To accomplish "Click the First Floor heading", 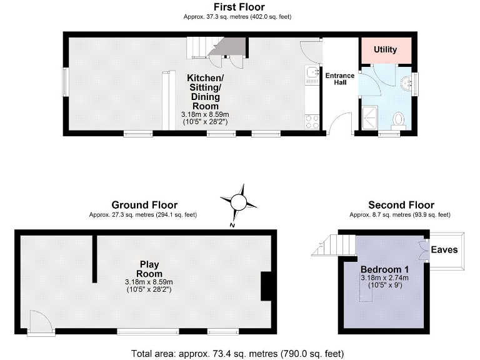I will (239, 7).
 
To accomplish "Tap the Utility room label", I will (385, 49).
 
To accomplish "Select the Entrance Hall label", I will (339, 79).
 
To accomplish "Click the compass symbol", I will (239, 202).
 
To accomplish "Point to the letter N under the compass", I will (232, 225).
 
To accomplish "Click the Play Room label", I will (149, 268).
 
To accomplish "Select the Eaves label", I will (444, 249).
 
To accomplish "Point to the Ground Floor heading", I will (144, 205).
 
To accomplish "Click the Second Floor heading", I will (401, 205).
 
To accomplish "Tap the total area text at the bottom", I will (239, 353).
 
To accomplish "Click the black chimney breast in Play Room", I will (266, 288).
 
